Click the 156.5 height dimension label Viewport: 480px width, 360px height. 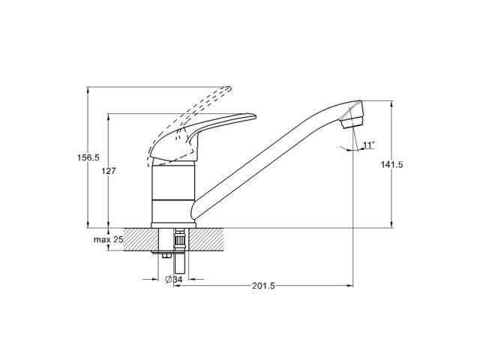tap(89, 157)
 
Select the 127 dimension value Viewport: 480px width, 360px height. tap(109, 172)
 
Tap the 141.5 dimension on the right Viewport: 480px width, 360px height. tap(392, 166)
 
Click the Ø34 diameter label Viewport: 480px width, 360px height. tap(173, 280)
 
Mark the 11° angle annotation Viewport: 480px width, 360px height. tap(368, 144)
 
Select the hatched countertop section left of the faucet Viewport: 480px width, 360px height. tap(139, 239)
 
